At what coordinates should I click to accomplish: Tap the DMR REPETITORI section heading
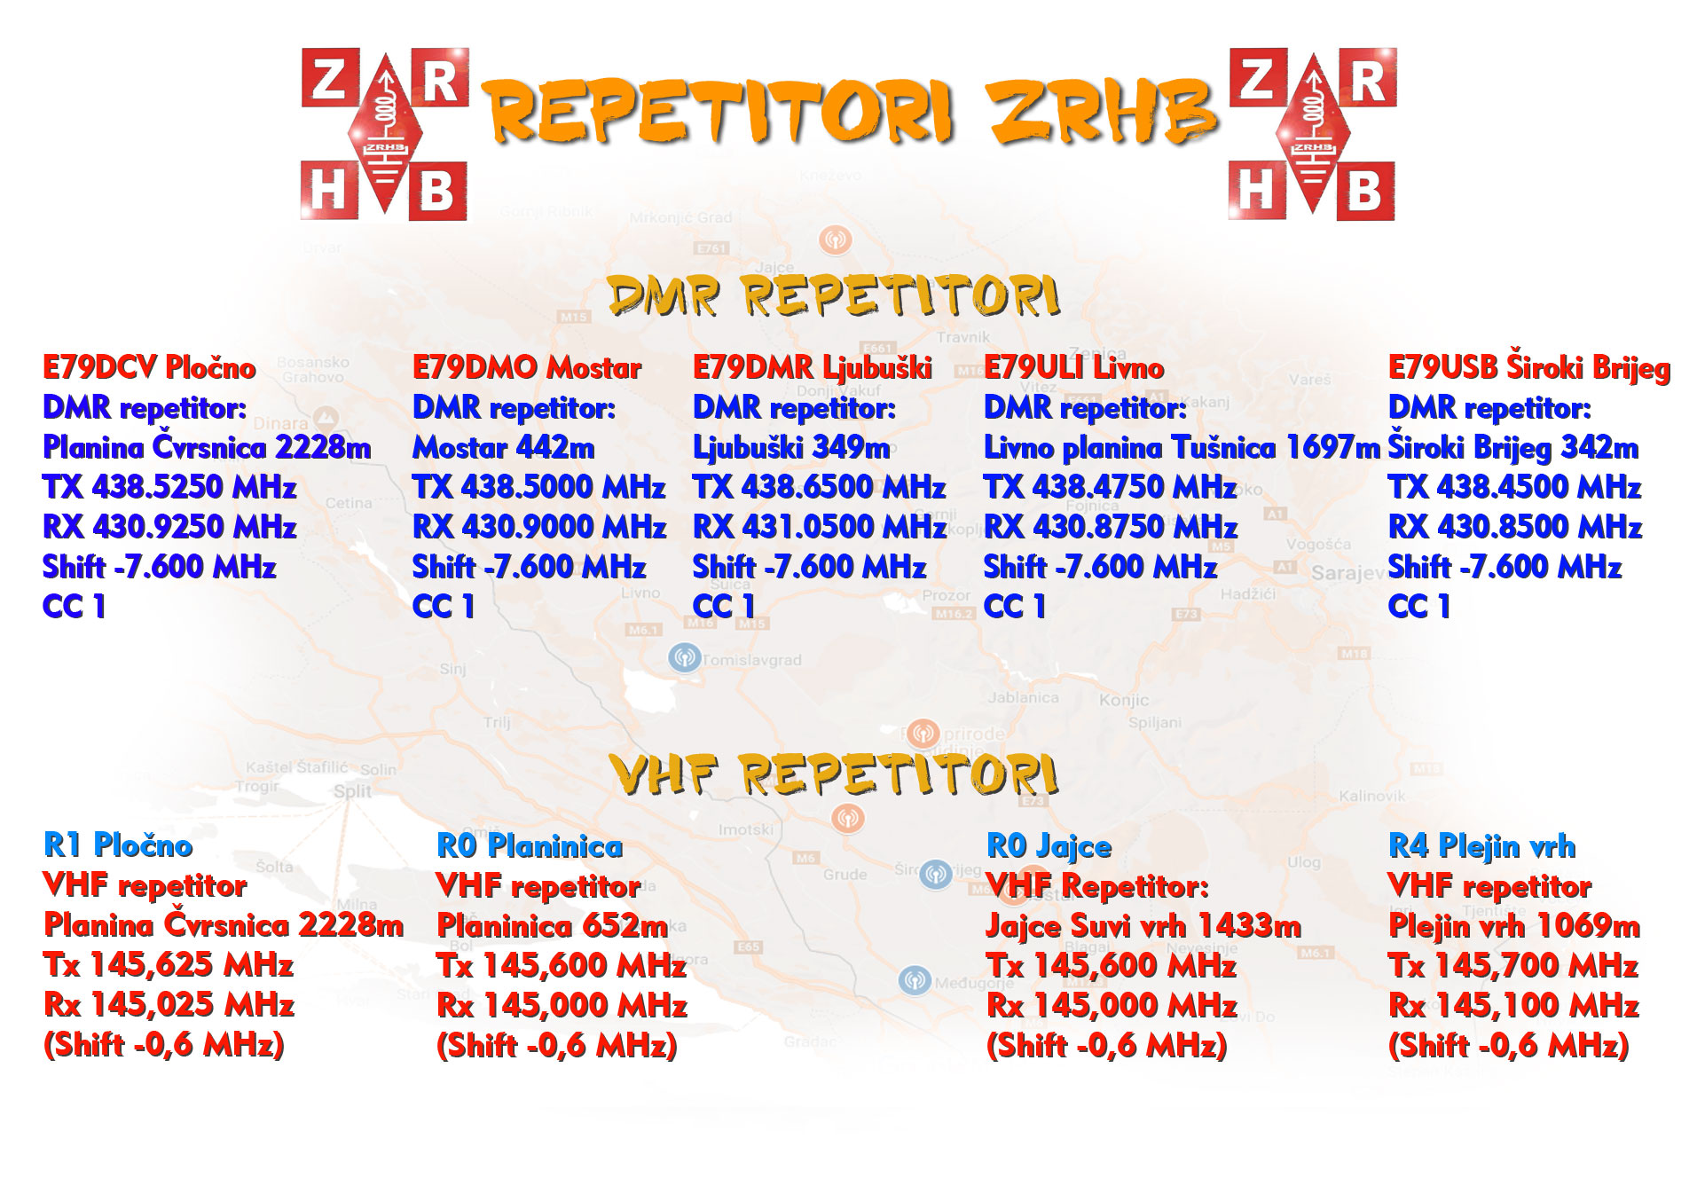834,295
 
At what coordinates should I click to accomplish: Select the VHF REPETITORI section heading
834,774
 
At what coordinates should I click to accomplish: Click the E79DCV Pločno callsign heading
149,367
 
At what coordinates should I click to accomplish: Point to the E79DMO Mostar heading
527,367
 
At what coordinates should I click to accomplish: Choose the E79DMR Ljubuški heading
813,368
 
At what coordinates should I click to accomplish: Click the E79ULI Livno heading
1073,367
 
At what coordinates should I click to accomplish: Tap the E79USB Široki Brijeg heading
1529,367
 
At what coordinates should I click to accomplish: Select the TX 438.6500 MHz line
820,487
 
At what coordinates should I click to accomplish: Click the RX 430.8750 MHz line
1111,527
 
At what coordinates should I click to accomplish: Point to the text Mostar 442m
504,447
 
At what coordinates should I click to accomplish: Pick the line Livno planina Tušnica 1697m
1182,447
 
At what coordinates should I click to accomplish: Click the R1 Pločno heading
118,844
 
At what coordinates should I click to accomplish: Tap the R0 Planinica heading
530,845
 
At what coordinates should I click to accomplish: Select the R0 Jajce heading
1049,846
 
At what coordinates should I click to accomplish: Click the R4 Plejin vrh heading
1482,846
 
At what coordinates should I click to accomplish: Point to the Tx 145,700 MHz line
1513,965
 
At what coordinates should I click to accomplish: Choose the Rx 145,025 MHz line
169,1004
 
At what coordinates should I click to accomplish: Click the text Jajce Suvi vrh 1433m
1143,926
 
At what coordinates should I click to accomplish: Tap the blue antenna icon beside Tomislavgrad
684,658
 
